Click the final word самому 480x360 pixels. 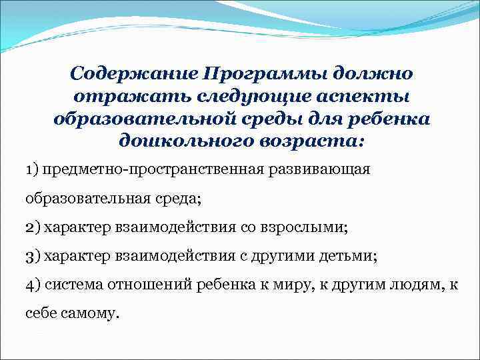pyautogui.click(x=95, y=313)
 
